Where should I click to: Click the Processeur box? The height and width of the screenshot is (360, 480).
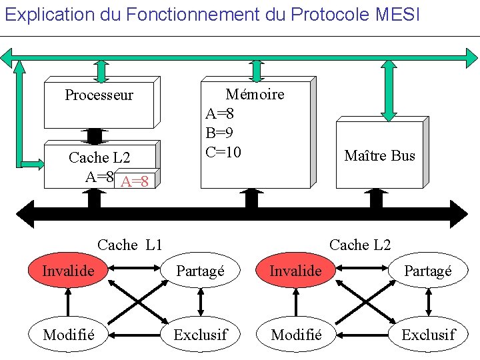click(99, 103)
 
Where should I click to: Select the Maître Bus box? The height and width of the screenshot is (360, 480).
click(379, 155)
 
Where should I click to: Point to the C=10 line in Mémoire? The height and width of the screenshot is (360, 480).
click(223, 152)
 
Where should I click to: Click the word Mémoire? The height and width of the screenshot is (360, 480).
click(255, 95)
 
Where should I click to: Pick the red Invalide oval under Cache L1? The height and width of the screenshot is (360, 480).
click(68, 271)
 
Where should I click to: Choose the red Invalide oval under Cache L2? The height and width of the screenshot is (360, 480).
click(295, 271)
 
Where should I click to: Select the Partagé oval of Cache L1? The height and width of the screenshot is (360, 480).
click(200, 271)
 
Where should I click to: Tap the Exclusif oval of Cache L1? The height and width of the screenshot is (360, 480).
click(200, 334)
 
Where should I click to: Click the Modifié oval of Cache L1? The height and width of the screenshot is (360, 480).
click(68, 334)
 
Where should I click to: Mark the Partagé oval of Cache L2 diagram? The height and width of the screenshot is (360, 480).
click(428, 271)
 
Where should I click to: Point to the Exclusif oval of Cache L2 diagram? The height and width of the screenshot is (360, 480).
click(428, 334)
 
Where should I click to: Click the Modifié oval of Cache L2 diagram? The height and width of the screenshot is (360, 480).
click(296, 334)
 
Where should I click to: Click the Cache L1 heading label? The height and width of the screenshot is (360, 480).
click(130, 245)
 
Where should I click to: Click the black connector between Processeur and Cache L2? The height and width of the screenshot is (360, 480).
click(95, 135)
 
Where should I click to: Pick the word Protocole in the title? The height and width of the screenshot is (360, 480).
click(323, 14)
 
